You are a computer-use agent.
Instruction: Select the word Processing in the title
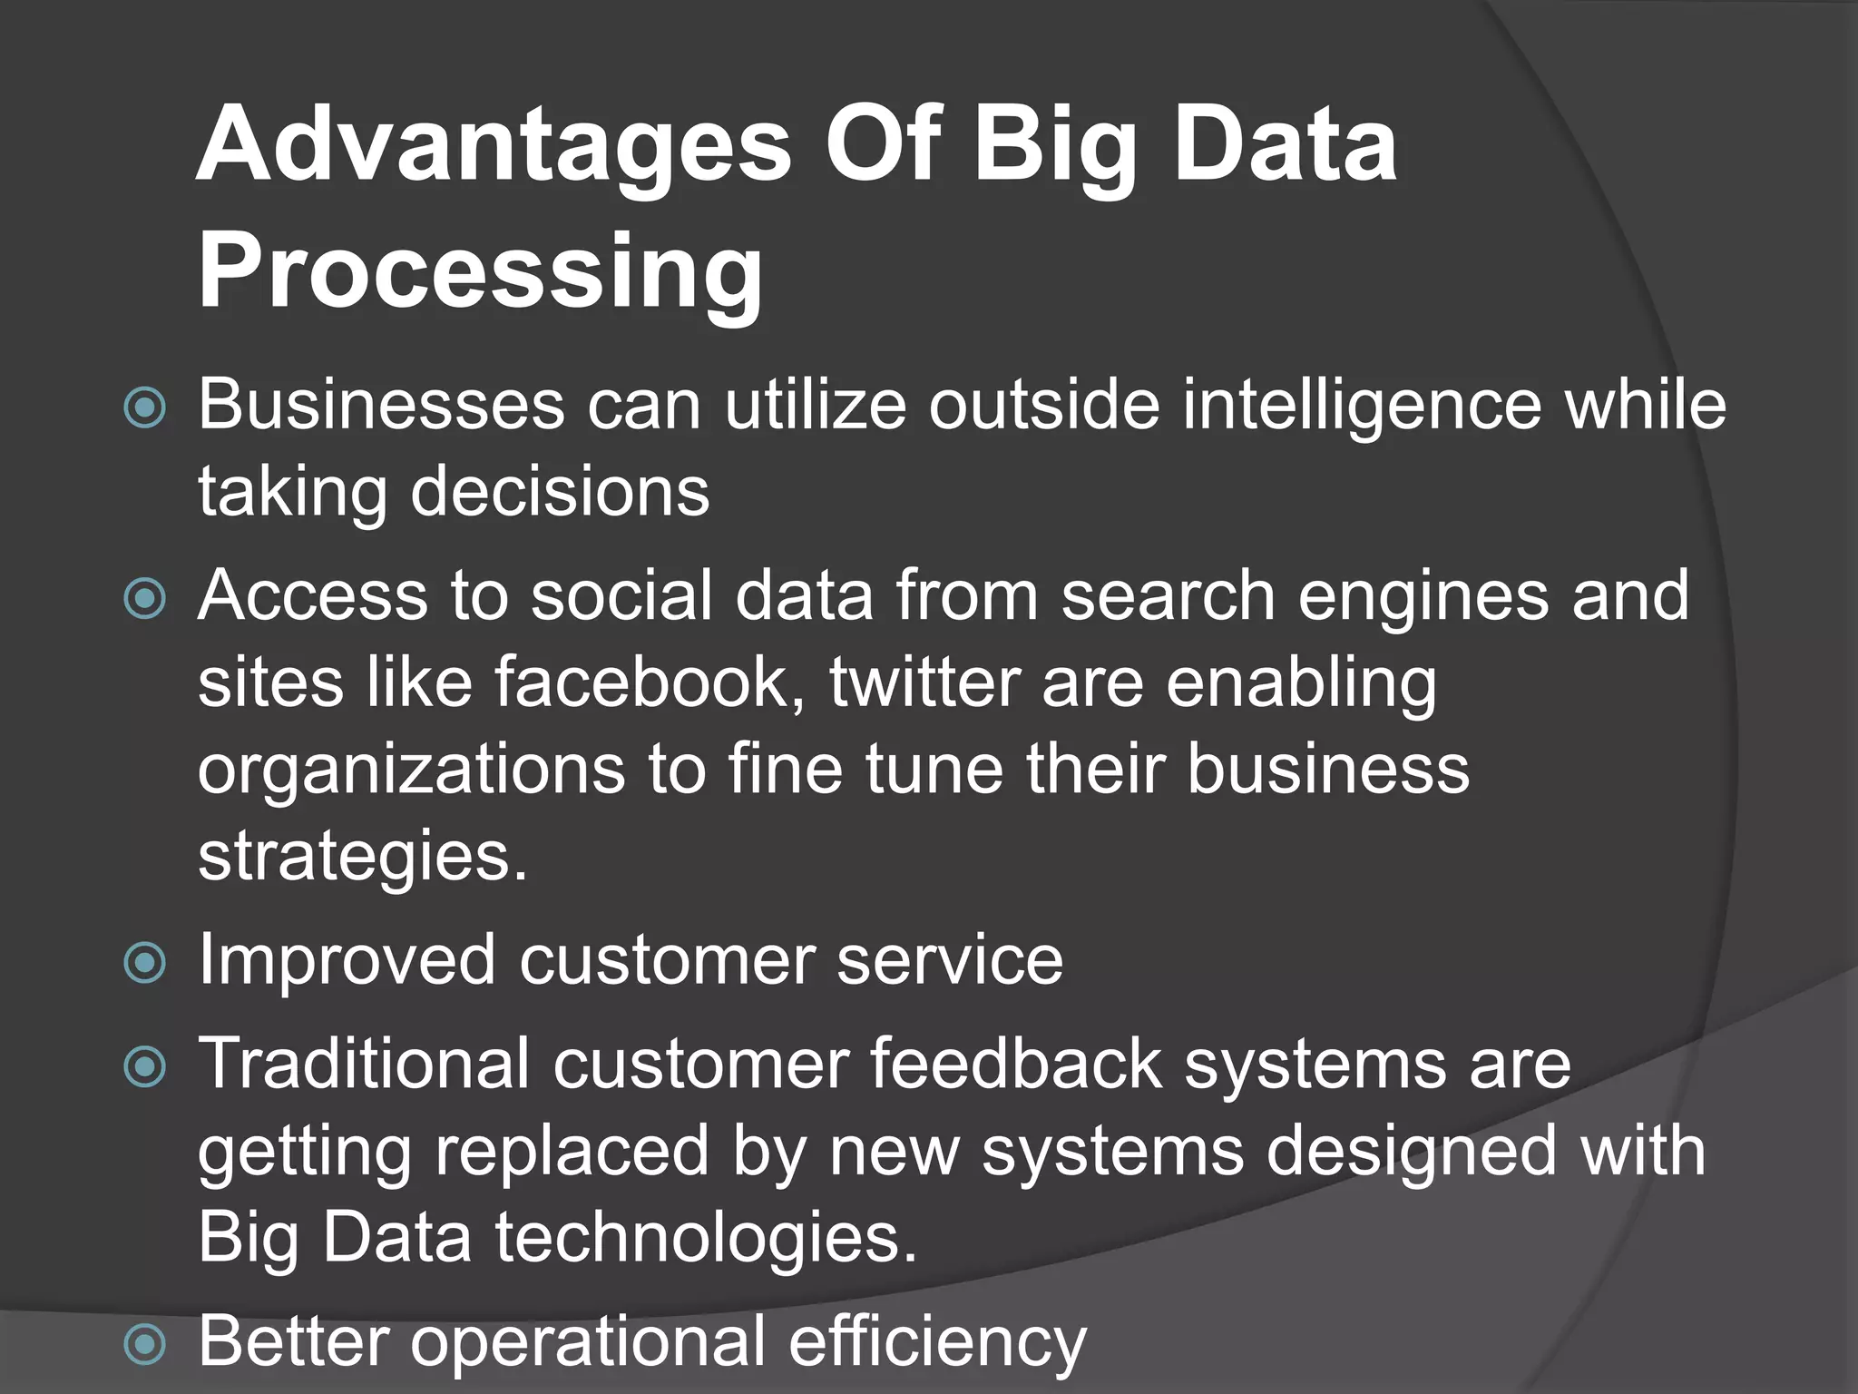pyautogui.click(x=481, y=271)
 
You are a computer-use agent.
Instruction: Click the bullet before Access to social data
pyautogui.click(x=145, y=599)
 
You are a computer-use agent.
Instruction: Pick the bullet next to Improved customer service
pyautogui.click(x=145, y=963)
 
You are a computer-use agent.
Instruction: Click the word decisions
pyautogui.click(x=560, y=492)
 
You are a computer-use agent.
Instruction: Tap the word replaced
pyautogui.click(x=572, y=1151)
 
